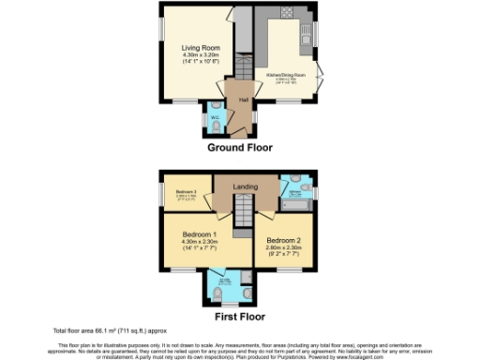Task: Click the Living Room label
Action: click(x=200, y=47)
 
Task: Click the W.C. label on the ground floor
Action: click(x=214, y=117)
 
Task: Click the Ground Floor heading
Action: click(x=239, y=147)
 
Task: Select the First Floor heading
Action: click(x=239, y=316)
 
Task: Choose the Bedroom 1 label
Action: click(x=201, y=233)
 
